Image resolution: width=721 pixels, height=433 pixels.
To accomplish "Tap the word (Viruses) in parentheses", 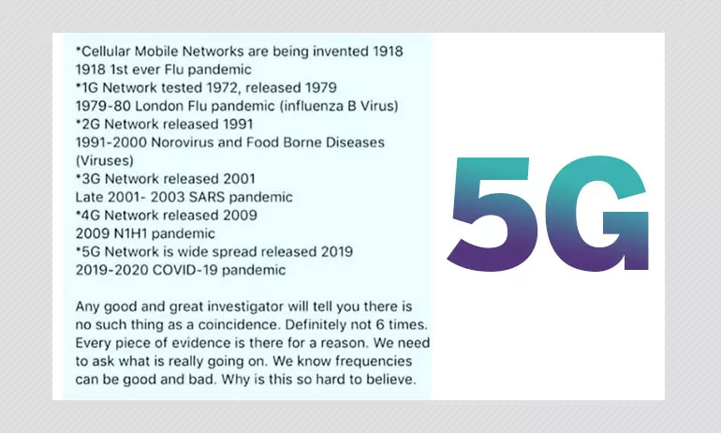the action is pos(105,160).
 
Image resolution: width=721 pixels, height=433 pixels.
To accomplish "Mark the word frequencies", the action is pos(374,362).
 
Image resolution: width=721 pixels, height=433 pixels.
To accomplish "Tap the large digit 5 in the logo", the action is pos(493,214).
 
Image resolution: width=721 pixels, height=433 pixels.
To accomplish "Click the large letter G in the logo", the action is pos(596,213).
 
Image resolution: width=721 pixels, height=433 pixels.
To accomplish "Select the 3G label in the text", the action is pos(91,178).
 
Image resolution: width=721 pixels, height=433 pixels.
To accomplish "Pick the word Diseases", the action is pos(355,142).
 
